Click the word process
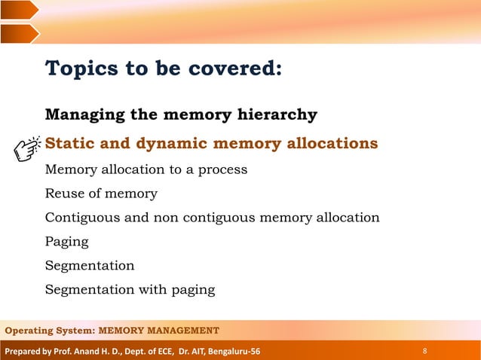coord(222,170)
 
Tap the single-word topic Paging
coord(66,243)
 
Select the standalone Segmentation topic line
coord(90,266)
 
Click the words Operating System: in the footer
coord(49,331)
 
